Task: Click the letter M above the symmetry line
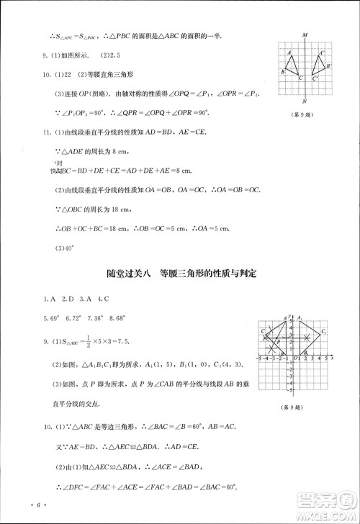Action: coord(305,35)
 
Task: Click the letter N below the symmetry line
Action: coord(305,101)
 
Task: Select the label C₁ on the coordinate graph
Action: coord(325,331)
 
